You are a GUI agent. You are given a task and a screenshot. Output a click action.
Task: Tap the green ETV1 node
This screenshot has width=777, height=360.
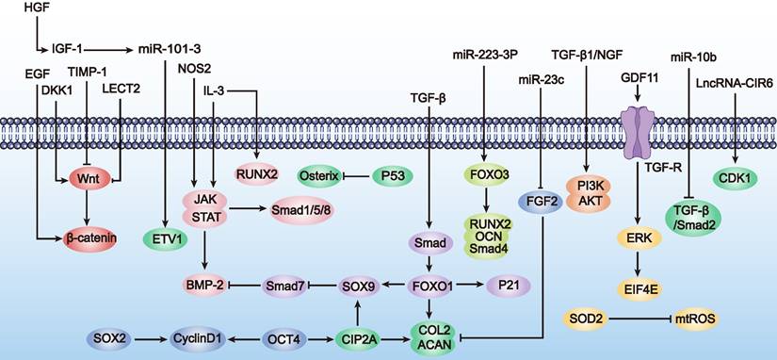coord(166,239)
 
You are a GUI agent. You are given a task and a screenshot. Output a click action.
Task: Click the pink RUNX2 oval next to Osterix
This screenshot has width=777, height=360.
coord(257,174)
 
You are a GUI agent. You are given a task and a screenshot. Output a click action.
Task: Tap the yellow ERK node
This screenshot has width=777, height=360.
coord(644,239)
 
